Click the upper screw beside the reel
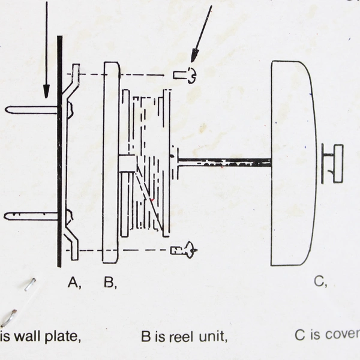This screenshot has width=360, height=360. point(184,76)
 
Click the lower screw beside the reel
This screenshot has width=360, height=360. point(183,249)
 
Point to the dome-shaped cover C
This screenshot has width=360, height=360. point(293,162)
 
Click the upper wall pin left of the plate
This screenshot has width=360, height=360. point(30,110)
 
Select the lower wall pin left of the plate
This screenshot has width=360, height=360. point(30,216)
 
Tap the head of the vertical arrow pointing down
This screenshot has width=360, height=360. point(46,91)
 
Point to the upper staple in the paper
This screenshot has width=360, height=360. point(29,284)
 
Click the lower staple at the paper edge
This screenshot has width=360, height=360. point(8,317)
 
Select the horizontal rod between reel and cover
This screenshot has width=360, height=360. point(225,161)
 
